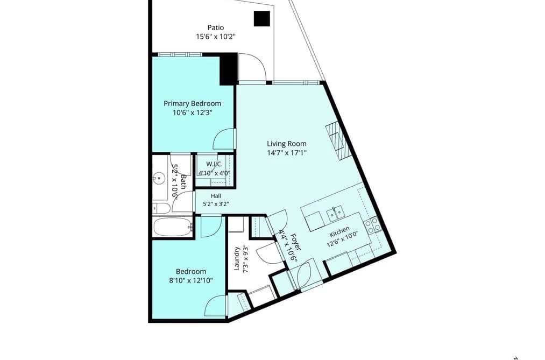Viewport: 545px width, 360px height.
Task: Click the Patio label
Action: point(216,27)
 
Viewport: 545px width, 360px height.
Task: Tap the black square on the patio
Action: point(261,19)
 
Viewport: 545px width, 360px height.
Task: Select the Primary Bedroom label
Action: point(192,103)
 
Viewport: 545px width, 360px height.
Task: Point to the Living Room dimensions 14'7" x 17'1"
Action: point(286,153)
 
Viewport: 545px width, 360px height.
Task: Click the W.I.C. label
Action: point(214,164)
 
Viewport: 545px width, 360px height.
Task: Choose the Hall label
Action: point(216,196)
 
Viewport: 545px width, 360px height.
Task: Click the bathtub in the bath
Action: point(173,228)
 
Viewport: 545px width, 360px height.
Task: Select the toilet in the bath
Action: point(161,208)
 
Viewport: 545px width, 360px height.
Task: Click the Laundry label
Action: point(237,258)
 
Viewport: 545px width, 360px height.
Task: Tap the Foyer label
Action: point(296,242)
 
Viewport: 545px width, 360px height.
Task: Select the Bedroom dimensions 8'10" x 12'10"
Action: point(191,280)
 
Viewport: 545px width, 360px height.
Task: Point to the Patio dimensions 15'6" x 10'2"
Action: point(216,37)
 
